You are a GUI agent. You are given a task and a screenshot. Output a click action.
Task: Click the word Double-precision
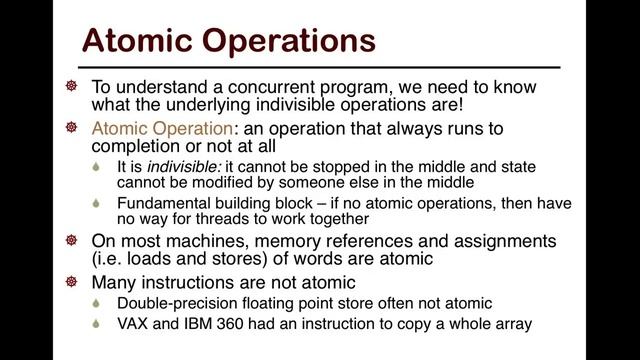tap(179, 302)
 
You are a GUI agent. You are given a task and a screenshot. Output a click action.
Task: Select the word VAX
tap(134, 322)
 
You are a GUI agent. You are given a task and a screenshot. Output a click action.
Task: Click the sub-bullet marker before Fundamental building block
tap(97, 203)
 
